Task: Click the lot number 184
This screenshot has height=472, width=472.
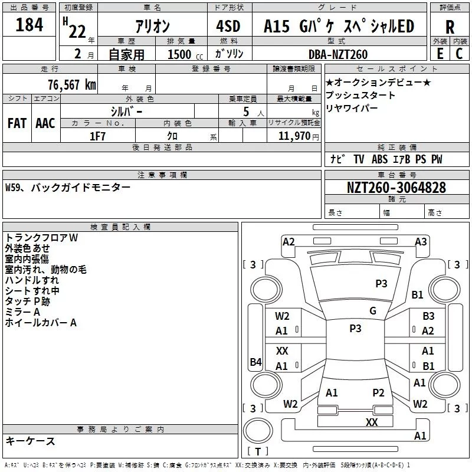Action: click(29, 25)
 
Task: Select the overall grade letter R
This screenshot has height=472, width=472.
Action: click(450, 27)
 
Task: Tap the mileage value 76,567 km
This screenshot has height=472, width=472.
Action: click(72, 85)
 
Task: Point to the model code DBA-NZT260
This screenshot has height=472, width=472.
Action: click(338, 54)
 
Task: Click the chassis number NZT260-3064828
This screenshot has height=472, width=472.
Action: click(396, 188)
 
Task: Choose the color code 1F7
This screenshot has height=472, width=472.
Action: click(97, 136)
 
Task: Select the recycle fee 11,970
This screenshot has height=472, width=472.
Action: click(294, 136)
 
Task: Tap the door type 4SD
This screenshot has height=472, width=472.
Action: click(228, 26)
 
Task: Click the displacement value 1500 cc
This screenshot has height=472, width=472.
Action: click(185, 54)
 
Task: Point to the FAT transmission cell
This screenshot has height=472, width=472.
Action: click(17, 123)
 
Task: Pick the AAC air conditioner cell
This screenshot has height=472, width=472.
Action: click(45, 123)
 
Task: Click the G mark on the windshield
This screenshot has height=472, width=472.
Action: click(373, 311)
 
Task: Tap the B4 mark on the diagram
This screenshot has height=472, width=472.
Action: click(255, 362)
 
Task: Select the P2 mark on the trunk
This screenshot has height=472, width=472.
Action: click(378, 393)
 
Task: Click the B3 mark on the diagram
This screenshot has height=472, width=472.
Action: click(428, 316)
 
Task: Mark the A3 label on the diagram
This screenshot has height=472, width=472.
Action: click(421, 242)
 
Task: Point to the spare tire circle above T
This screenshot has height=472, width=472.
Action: click(258, 431)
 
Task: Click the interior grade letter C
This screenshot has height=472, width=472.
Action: click(459, 54)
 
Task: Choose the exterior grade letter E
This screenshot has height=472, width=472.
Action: click(440, 54)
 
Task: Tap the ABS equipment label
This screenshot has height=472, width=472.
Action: click(379, 159)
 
